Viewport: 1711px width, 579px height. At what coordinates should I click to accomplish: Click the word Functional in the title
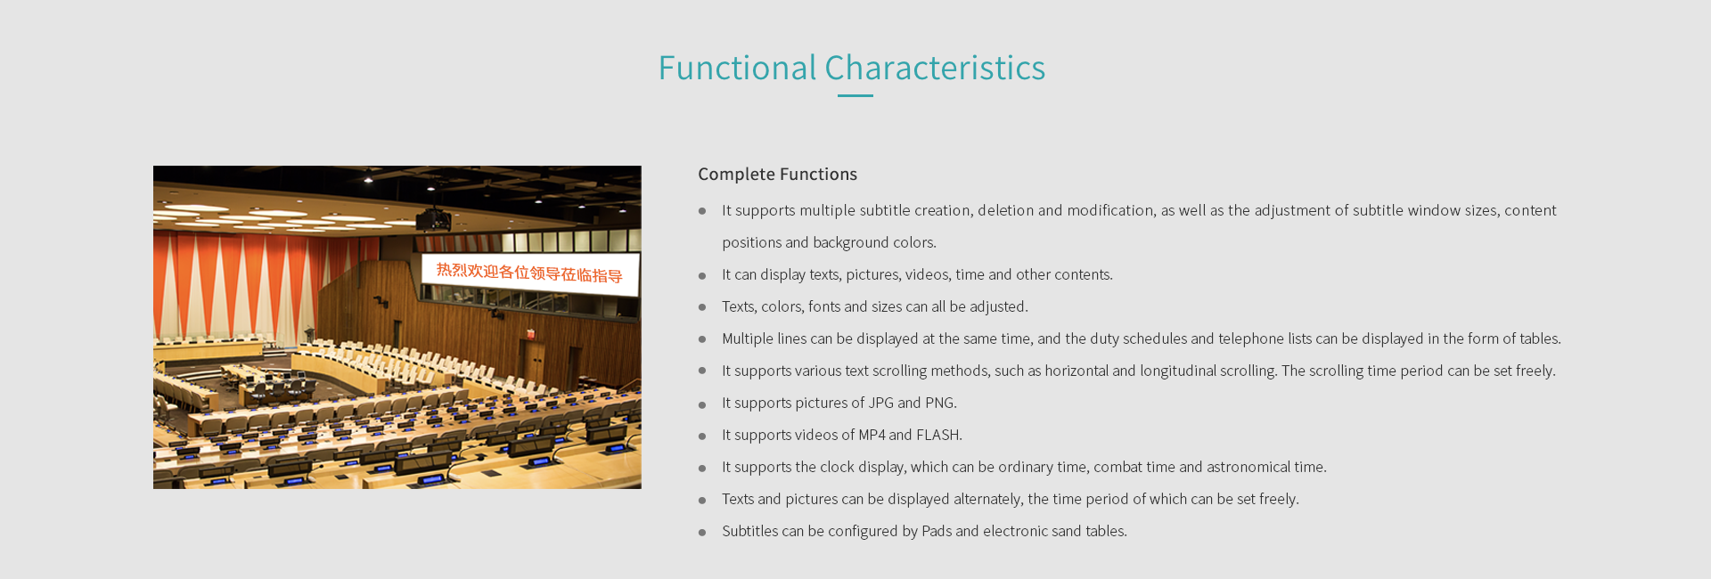click(737, 68)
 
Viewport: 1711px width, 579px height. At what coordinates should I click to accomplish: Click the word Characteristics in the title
click(935, 68)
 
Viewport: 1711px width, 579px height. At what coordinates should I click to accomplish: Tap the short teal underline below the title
click(855, 95)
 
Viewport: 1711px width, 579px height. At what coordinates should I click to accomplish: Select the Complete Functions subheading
click(777, 175)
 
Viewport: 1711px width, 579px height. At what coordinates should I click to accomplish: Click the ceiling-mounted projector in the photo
click(433, 218)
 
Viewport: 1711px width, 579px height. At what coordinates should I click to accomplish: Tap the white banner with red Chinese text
click(529, 272)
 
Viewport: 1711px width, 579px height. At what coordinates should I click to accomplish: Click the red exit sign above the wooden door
click(530, 334)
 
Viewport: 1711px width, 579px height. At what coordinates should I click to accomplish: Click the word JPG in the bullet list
click(880, 403)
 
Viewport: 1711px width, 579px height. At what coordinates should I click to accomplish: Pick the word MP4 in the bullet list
click(872, 435)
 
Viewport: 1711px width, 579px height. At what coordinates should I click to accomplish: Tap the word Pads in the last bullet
click(937, 531)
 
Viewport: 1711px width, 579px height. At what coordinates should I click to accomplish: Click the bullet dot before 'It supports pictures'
click(702, 404)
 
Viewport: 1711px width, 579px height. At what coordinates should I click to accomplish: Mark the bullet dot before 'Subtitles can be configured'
click(702, 533)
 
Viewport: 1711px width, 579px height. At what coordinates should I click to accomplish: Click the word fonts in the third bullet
click(823, 306)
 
